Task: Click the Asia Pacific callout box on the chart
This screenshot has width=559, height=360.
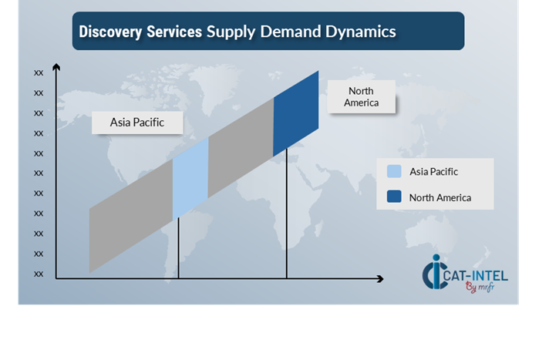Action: point(137,122)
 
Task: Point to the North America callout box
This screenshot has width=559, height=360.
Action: point(362,97)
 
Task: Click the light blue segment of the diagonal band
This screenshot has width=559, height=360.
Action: point(190,178)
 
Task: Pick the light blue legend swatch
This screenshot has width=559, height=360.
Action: point(394,171)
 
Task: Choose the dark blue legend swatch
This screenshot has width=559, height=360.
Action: point(394,197)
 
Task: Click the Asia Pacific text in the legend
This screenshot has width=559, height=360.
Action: point(439,171)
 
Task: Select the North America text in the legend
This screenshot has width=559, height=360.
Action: point(439,197)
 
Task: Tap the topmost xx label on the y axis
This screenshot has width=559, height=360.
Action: point(39,72)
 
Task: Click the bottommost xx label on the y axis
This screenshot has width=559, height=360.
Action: point(39,273)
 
